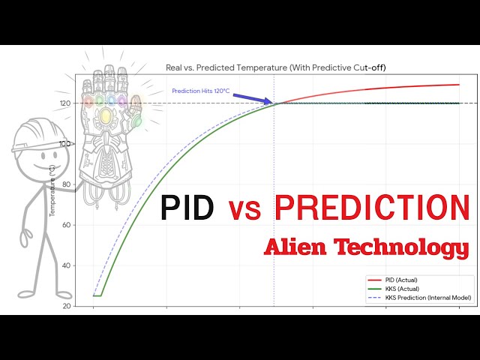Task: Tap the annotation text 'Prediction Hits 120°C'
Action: pyautogui.click(x=200, y=91)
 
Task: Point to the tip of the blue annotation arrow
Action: pyautogui.click(x=274, y=103)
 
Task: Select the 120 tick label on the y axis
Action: pyautogui.click(x=65, y=103)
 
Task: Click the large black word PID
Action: pyautogui.click(x=187, y=208)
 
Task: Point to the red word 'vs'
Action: pyautogui.click(x=244, y=211)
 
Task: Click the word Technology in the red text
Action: pyautogui.click(x=406, y=248)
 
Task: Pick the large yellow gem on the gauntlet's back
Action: pyautogui.click(x=106, y=115)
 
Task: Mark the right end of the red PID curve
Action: pyautogui.click(x=459, y=85)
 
